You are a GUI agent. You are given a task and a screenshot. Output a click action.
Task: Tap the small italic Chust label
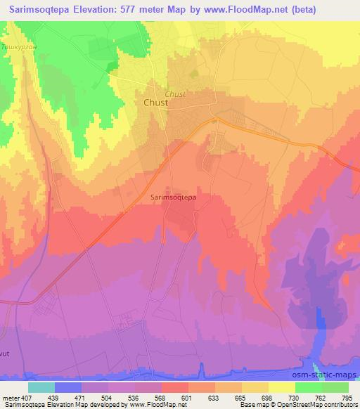pos(175,93)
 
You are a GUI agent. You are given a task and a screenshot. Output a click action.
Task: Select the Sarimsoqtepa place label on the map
pos(173,197)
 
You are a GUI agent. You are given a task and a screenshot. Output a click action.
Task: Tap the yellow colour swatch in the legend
pos(282,387)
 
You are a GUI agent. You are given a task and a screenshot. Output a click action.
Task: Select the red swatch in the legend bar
pos(173,387)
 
